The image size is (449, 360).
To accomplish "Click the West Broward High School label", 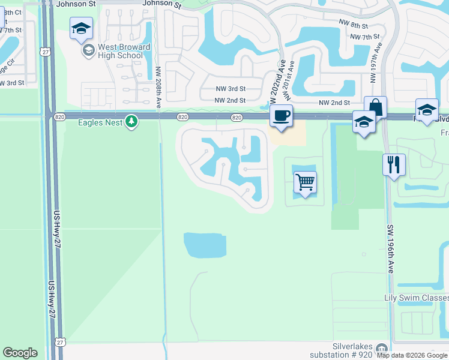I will pyautogui.click(x=121, y=51).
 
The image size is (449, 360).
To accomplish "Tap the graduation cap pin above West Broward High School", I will pyautogui.click(x=81, y=28).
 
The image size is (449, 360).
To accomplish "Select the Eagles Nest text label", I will pyautogui.click(x=100, y=122).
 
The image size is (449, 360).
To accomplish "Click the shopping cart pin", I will pyautogui.click(x=306, y=182).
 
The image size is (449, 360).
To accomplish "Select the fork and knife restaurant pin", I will pyautogui.click(x=394, y=164).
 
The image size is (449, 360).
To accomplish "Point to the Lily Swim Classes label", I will pyautogui.click(x=417, y=298).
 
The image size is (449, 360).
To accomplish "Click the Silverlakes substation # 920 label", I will pyautogui.click(x=352, y=350).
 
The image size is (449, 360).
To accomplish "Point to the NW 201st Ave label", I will pyautogui.click(x=290, y=80).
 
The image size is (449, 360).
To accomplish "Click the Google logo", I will pyautogui.click(x=20, y=353).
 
